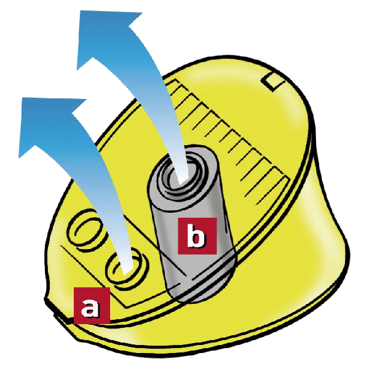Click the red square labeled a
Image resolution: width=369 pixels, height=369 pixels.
pyautogui.click(x=92, y=306)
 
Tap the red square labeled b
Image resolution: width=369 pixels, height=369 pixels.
pyautogui.click(x=197, y=236)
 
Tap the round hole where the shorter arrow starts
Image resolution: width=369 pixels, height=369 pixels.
pyautogui.click(x=127, y=268)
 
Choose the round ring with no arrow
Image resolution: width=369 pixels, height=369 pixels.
pyautogui.click(x=86, y=232)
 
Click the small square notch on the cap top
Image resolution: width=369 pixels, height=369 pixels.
pyautogui.click(x=274, y=81)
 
